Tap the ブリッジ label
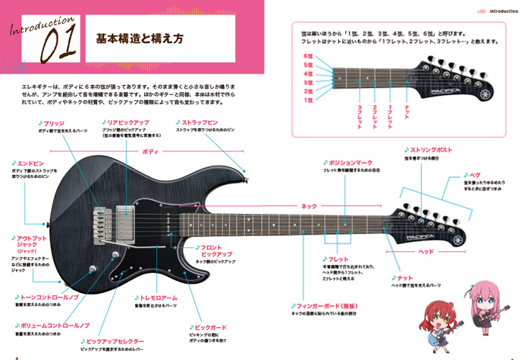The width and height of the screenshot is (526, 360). pyautogui.click(x=55, y=124)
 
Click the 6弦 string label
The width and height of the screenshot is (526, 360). pyautogui.click(x=308, y=55)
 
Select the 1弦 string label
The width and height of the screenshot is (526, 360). pyautogui.click(x=308, y=100)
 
